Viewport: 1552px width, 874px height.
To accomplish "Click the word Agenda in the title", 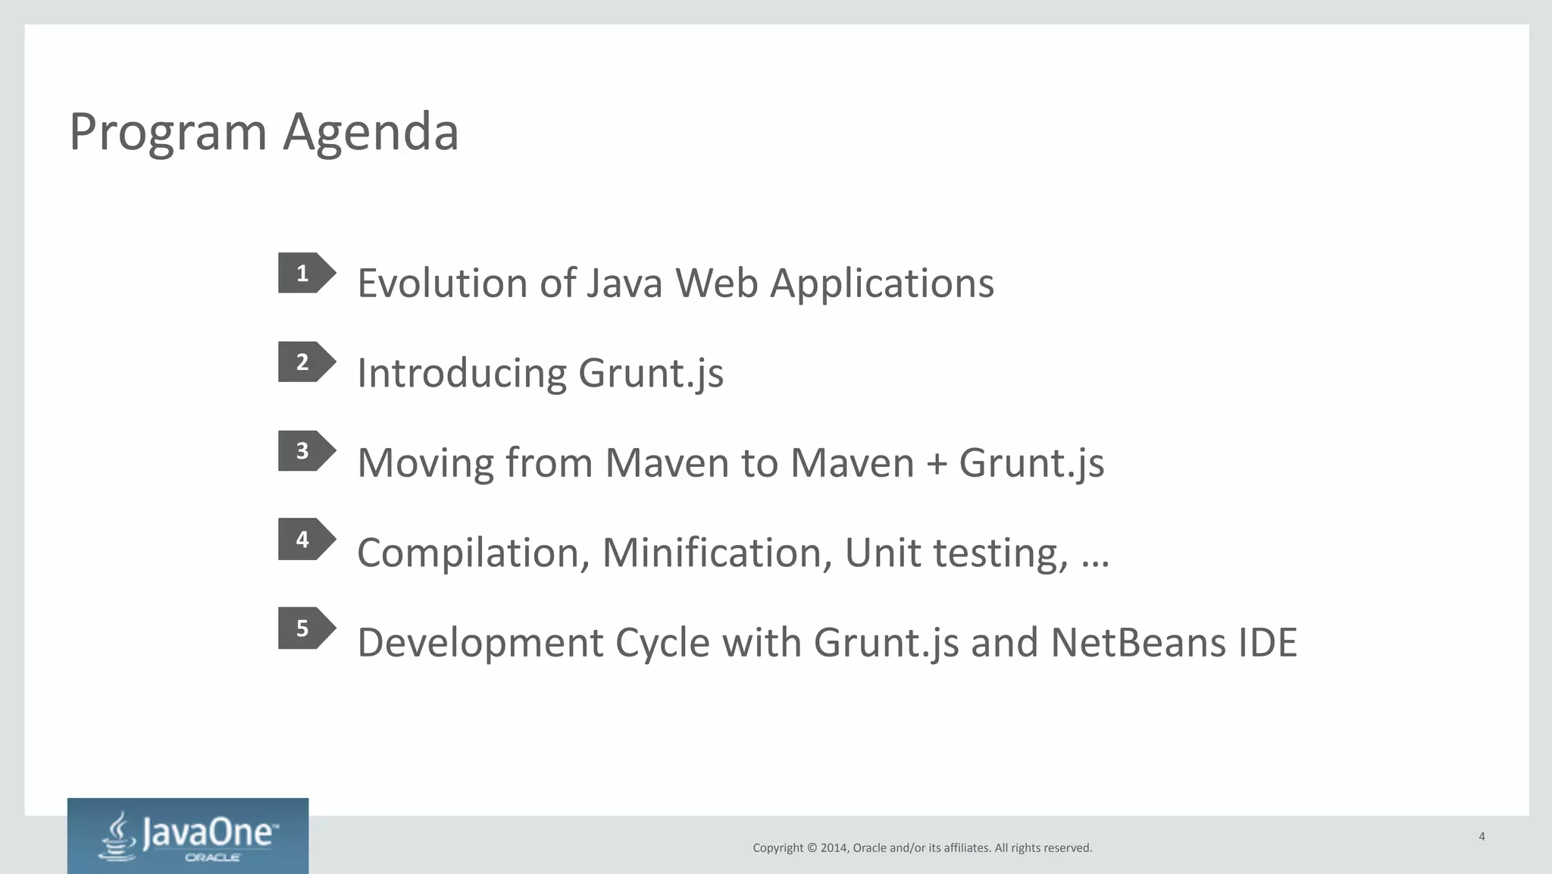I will pyautogui.click(x=371, y=133).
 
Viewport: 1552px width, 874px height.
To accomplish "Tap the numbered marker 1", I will pyautogui.click(x=304, y=273).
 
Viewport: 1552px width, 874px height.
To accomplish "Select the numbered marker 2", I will pyautogui.click(x=304, y=362).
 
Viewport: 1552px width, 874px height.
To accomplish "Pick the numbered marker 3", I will pyautogui.click(x=304, y=451).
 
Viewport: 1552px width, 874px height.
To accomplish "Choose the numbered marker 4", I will pyautogui.click(x=304, y=540).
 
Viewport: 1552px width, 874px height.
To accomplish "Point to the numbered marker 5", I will pyautogui.click(x=304, y=628).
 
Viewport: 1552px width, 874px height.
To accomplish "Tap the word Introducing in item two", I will pyautogui.click(x=462, y=374).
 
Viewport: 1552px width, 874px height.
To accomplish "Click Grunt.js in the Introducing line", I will pyautogui.click(x=650, y=374).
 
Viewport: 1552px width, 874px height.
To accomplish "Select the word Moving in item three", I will pyautogui.click(x=425, y=463).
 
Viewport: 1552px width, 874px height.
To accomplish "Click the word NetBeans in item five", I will pyautogui.click(x=1137, y=643).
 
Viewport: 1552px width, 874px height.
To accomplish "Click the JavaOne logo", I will pyautogui.click(x=188, y=836).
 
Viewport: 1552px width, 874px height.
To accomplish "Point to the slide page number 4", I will pyautogui.click(x=1482, y=837).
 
